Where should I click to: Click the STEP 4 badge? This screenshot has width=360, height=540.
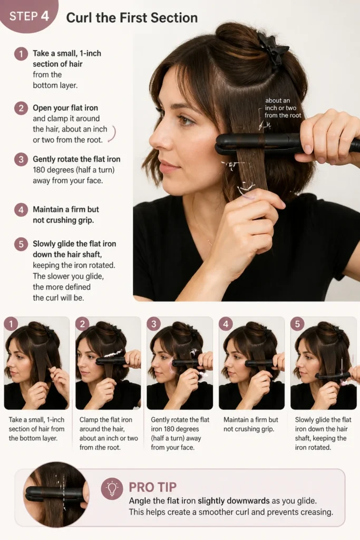click(28, 15)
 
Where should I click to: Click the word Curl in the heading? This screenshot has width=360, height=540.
click(79, 18)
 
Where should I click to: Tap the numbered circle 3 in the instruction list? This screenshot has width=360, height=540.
click(21, 159)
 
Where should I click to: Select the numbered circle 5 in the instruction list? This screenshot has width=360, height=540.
click(21, 244)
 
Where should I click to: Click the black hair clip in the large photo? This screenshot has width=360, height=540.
click(273, 49)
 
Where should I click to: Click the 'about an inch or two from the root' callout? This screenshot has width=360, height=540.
click(282, 108)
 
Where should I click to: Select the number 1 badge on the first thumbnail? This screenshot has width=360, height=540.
click(11, 324)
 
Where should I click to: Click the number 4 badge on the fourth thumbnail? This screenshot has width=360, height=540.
click(226, 324)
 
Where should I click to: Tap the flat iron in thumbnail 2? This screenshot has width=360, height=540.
click(112, 361)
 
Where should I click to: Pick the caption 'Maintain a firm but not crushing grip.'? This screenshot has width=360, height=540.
click(250, 425)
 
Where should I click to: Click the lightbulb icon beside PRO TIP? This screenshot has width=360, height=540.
click(112, 488)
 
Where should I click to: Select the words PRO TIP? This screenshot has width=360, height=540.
click(152, 487)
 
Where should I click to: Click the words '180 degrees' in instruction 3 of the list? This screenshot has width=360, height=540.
click(53, 170)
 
